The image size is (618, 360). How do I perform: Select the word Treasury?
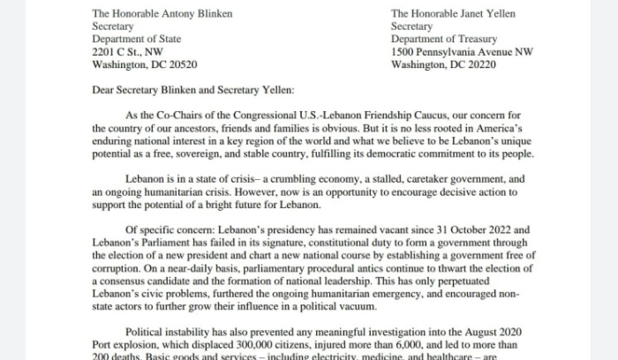pyautogui.click(x=476, y=39)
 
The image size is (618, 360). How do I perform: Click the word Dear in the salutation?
pyautogui.click(x=105, y=89)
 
